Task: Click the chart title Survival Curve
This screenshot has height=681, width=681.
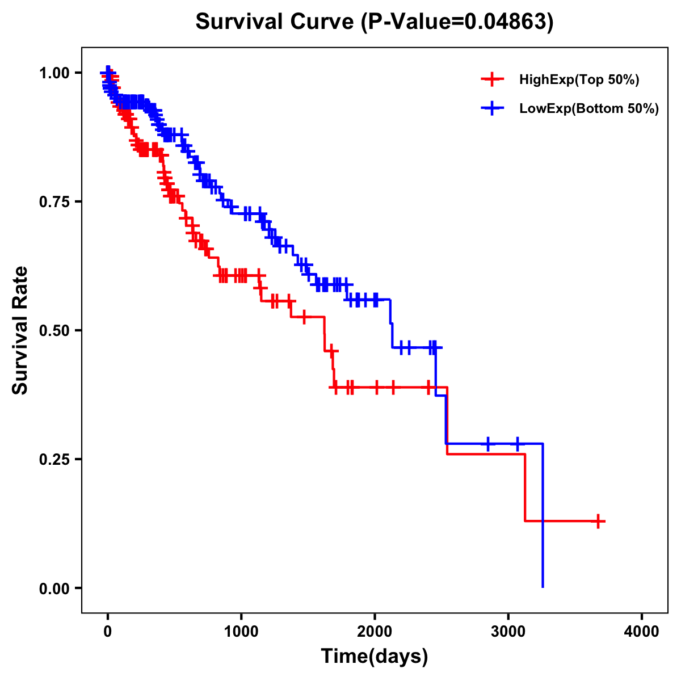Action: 276,22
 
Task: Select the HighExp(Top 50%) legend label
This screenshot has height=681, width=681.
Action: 579,80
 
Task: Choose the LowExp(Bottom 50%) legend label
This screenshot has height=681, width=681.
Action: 589,108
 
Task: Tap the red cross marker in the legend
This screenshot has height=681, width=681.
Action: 493,79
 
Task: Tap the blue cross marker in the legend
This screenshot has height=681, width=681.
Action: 493,108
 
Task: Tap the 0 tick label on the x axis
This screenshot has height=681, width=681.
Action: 108,632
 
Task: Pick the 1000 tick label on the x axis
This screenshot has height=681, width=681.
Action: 241,632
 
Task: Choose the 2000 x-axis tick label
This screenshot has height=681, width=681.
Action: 375,632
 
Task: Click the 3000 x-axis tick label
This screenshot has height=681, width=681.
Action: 508,632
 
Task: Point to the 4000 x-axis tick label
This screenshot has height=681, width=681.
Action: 642,632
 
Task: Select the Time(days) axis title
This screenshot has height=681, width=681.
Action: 375,657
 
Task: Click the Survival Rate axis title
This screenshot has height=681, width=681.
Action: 20,330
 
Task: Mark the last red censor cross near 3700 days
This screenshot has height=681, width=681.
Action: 598,521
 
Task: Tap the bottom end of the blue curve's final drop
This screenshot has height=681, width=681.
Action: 543,586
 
